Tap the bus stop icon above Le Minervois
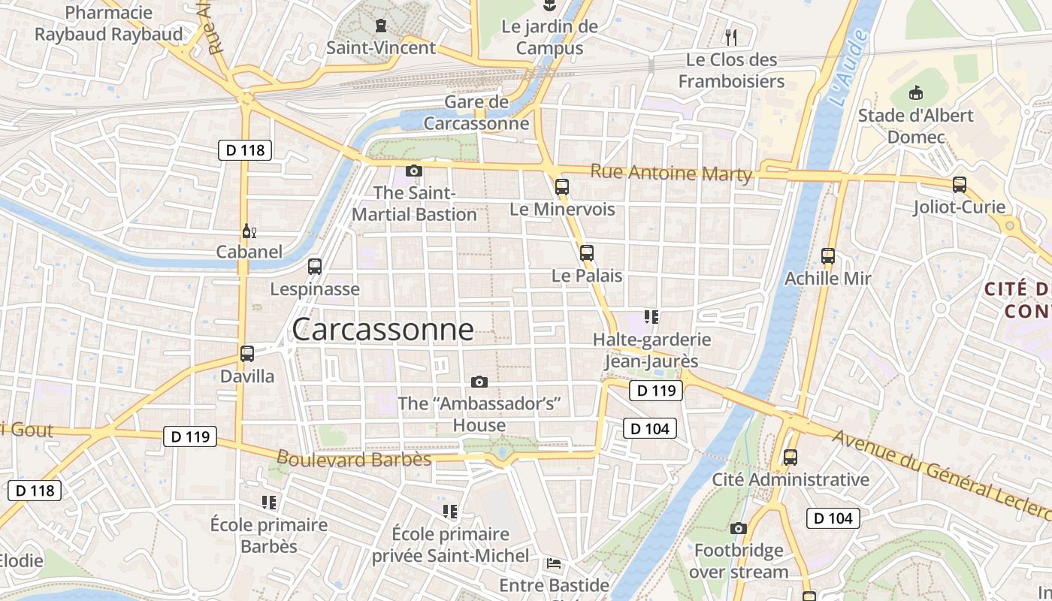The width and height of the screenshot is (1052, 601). [x=561, y=187]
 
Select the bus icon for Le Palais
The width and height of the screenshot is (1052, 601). [x=587, y=253]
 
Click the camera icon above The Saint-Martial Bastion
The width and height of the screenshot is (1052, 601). [x=414, y=171]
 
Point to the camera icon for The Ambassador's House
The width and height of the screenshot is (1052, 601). [x=479, y=382]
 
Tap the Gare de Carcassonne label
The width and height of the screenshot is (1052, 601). [x=476, y=113]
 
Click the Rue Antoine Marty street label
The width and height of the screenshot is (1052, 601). [x=671, y=173]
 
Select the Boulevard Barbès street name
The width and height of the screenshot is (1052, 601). [x=354, y=458]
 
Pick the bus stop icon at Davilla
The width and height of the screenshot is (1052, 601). [x=247, y=353]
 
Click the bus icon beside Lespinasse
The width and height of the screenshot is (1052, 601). [x=315, y=266]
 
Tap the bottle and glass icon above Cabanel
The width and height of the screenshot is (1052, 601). [x=249, y=231]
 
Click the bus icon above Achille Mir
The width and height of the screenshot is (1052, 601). [x=828, y=256]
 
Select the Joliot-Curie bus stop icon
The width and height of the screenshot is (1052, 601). [x=959, y=184]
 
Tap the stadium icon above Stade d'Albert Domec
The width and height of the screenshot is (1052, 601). [x=915, y=93]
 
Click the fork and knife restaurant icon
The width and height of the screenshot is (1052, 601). [x=730, y=36]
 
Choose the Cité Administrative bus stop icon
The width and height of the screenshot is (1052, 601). [x=790, y=457]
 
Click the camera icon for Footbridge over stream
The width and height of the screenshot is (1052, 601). [x=739, y=528]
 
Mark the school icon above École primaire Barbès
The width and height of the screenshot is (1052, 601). [x=269, y=502]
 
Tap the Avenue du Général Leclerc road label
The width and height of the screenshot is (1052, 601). [x=939, y=473]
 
